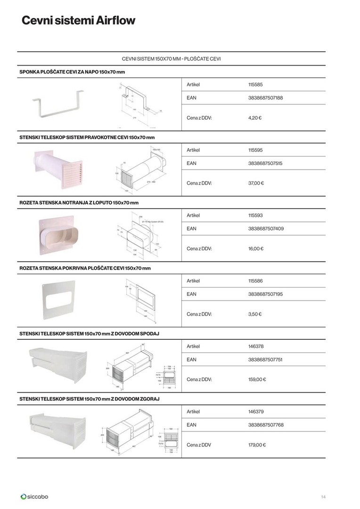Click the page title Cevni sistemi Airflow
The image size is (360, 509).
(x=78, y=21)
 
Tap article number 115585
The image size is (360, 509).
(x=255, y=85)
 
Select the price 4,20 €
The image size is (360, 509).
(x=254, y=117)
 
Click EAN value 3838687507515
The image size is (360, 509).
(x=265, y=164)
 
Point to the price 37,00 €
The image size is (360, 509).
(x=256, y=183)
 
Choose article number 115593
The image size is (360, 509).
(x=255, y=215)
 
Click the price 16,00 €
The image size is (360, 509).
(x=255, y=248)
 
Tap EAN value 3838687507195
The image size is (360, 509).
(x=265, y=294)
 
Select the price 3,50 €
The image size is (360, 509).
(x=254, y=314)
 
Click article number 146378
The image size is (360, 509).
(x=256, y=346)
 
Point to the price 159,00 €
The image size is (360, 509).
(x=257, y=379)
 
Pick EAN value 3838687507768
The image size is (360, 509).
(x=265, y=425)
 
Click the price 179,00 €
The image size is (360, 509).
(x=257, y=444)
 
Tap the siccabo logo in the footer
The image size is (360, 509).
(x=34, y=496)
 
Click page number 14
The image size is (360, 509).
(x=323, y=497)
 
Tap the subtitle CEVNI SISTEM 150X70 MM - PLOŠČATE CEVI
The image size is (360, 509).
(x=172, y=59)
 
